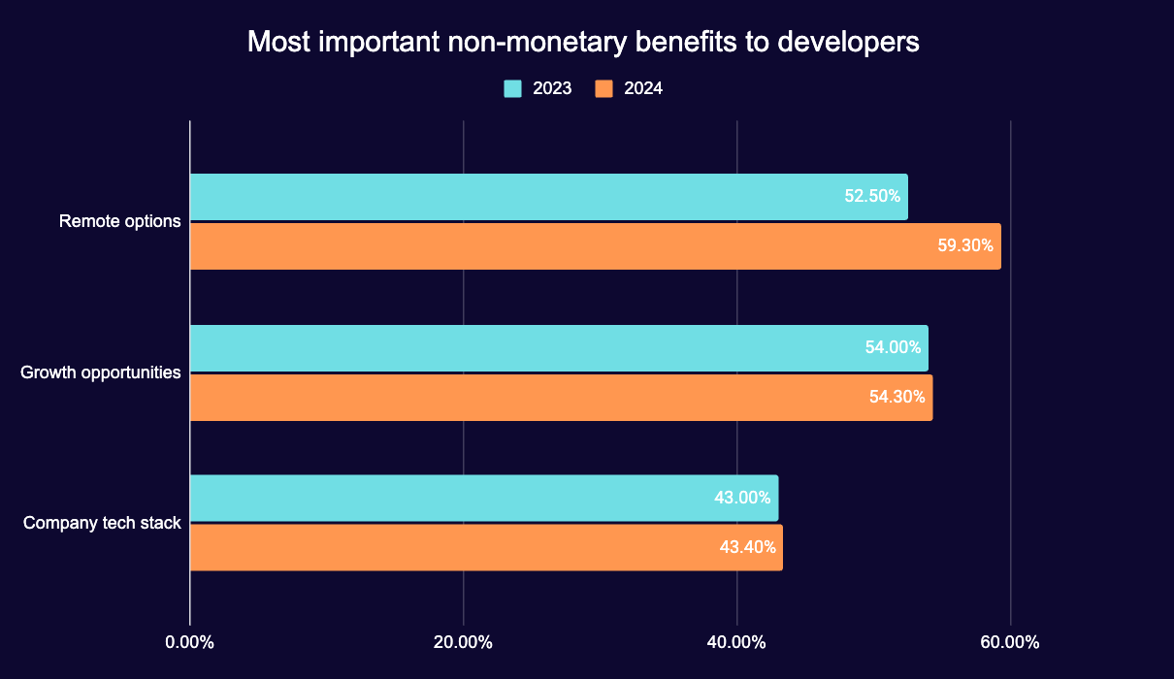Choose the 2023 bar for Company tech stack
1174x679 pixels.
[446, 498]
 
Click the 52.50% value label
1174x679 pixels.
[872, 196]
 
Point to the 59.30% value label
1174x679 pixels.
[965, 246]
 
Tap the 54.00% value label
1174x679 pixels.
[893, 347]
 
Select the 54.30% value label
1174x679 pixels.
[897, 398]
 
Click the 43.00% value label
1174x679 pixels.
[742, 498]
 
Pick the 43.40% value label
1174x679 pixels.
[747, 547]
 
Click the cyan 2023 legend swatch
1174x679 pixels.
[512, 88]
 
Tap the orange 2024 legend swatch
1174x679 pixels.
[603, 88]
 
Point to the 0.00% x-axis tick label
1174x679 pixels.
[189, 642]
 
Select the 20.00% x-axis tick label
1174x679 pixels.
[463, 642]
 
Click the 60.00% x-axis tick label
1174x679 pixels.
[1010, 642]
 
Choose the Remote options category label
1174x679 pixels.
[120, 221]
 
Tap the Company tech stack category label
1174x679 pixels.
[102, 523]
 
